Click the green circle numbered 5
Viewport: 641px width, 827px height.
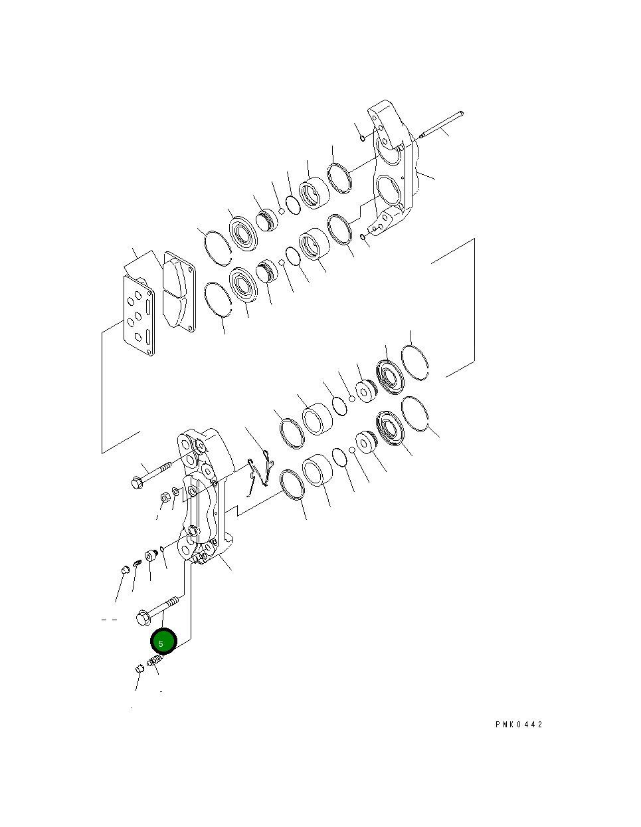164,642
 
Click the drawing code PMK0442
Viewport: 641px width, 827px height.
519,725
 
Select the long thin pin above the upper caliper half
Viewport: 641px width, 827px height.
441,124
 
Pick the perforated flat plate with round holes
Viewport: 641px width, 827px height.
139,316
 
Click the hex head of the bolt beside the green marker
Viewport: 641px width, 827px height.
143,618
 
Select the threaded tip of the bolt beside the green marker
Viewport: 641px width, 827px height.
172,602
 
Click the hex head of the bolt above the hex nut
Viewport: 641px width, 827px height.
137,483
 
